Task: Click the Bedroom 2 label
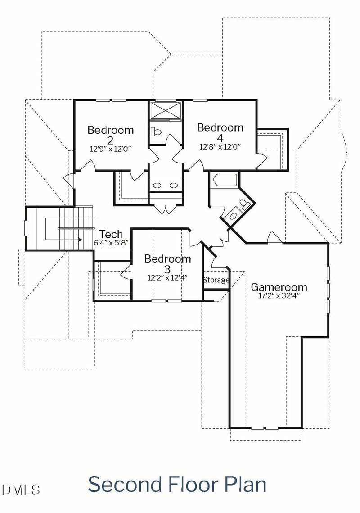point(110,134)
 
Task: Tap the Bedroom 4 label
point(220,132)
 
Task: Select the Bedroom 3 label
point(167,263)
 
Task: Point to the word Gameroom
point(279,287)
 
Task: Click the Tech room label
point(111,234)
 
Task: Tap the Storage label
point(216,280)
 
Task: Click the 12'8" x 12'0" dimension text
point(220,146)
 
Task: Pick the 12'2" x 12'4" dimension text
point(167,277)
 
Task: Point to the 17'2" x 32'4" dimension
point(279,296)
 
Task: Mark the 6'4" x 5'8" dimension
point(111,242)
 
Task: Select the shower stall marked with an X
point(165,111)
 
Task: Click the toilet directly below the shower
point(156,132)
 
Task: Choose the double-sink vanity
point(165,185)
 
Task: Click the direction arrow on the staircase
point(80,240)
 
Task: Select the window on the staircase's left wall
point(26,228)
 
